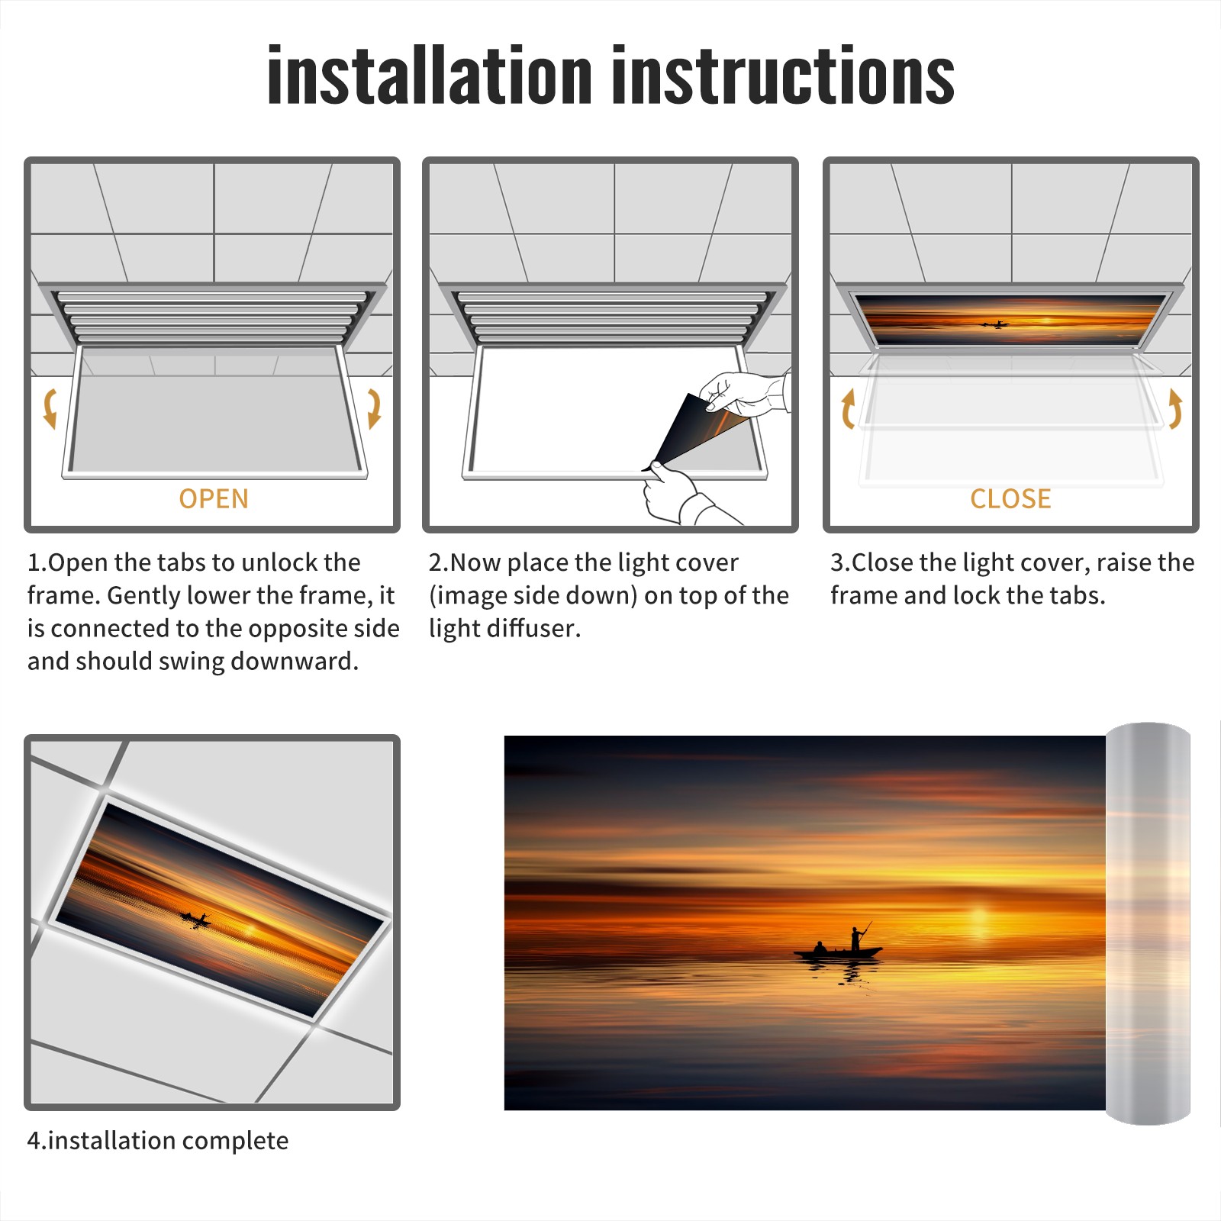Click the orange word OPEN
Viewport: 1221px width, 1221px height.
click(x=214, y=499)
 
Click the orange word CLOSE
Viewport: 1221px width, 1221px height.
click(x=1010, y=499)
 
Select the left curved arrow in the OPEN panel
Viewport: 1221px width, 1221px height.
click(x=50, y=408)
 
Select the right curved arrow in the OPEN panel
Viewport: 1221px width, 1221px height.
click(x=374, y=408)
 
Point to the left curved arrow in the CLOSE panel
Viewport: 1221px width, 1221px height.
click(x=848, y=408)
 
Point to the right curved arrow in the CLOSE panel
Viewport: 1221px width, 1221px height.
click(x=1175, y=408)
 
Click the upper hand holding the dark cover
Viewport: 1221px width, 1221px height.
click(x=744, y=394)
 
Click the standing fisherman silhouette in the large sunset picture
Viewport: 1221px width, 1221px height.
click(x=858, y=937)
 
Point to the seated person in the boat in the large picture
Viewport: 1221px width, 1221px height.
click(x=820, y=947)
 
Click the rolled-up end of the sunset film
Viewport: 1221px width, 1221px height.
click(x=1148, y=923)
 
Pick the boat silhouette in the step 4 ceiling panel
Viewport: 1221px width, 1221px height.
click(x=195, y=919)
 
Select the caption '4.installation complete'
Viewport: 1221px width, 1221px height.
click(x=158, y=1141)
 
